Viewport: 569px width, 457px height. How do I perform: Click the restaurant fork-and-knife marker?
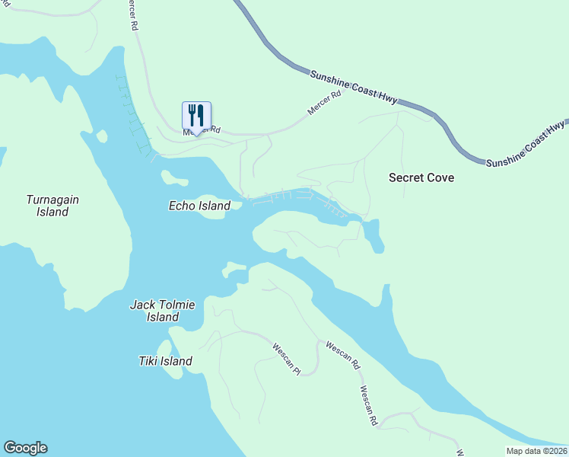196,116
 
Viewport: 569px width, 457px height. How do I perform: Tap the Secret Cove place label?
421,177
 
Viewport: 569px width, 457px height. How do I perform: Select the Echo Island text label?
199,206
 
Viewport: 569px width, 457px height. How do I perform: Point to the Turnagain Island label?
52,206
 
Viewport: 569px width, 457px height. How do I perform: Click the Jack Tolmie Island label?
163,311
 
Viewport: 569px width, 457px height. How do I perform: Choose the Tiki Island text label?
165,361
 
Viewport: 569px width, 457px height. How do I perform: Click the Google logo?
25,448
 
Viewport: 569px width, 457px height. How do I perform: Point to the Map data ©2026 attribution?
537,451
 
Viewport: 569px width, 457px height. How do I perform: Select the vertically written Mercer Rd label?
135,15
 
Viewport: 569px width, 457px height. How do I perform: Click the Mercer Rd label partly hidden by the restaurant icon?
202,131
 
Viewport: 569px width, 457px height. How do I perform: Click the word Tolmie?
177,305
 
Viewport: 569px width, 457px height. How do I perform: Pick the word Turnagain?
52,200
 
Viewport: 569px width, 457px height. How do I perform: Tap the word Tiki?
149,361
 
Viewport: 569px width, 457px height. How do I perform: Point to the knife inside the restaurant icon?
201,115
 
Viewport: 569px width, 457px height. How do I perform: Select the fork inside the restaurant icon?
192,115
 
